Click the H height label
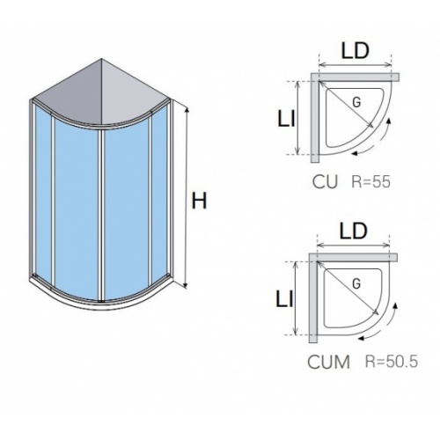(199, 201)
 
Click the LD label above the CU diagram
(355, 50)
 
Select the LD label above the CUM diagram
(353, 231)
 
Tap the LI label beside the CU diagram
(286, 120)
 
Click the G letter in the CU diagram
(356, 102)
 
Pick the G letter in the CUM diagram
(356, 283)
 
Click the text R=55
(370, 181)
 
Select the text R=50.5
(392, 362)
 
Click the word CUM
(328, 362)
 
